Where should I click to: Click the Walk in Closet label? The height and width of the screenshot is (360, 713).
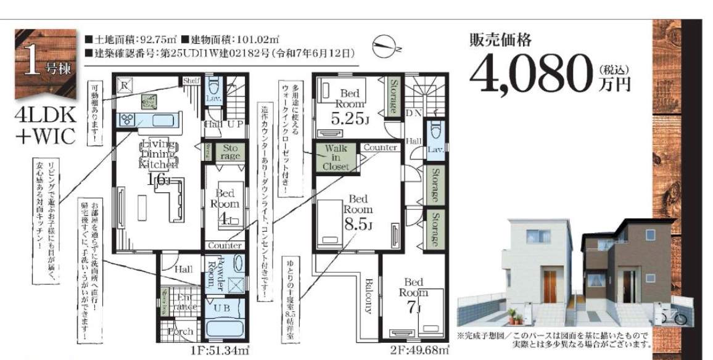point(336,157)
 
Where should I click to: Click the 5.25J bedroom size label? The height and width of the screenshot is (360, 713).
point(348,118)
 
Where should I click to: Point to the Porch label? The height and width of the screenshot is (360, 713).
point(180,332)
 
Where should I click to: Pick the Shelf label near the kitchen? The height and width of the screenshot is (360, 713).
point(190,81)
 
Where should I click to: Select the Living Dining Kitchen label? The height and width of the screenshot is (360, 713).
point(158,154)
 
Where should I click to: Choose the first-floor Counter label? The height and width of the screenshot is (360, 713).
point(225,245)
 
